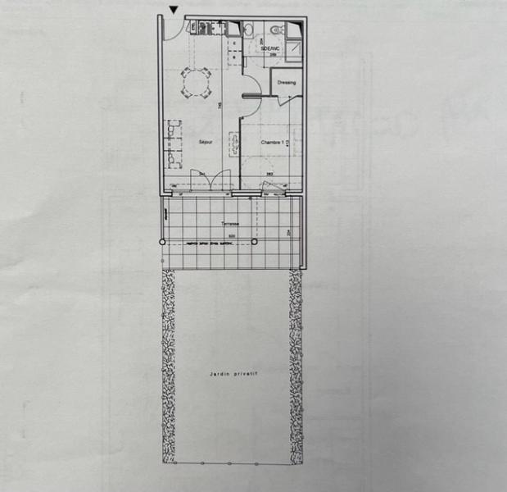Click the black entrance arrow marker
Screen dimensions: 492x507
tap(174, 9)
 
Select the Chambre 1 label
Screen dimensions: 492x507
tap(273, 143)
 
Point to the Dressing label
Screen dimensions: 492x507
tap(286, 83)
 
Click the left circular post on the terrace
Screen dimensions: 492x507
tap(162, 244)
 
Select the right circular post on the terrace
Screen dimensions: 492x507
tap(255, 243)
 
